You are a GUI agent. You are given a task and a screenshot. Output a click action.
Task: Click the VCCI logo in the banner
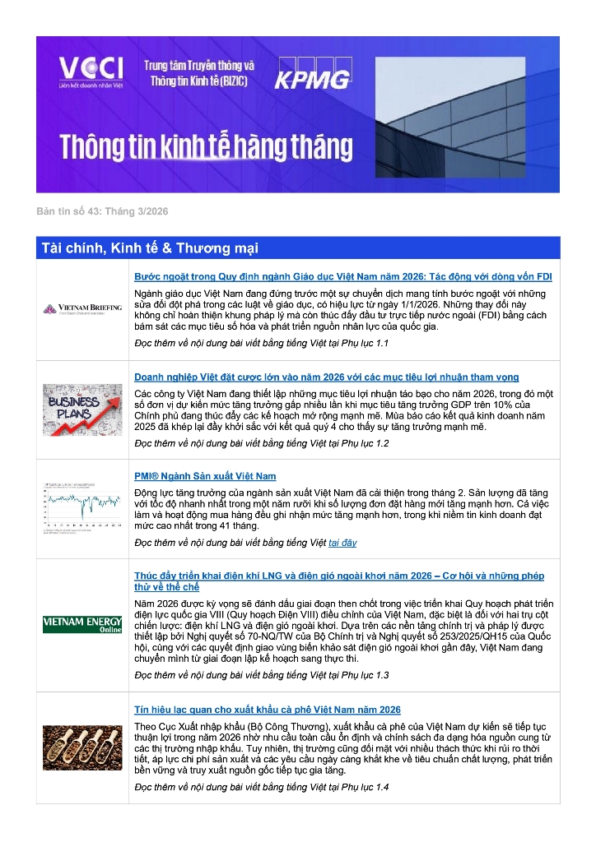[91, 72]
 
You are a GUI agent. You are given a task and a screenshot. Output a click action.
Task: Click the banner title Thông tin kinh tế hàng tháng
[206, 147]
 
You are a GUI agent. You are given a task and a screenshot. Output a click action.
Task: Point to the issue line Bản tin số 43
[102, 212]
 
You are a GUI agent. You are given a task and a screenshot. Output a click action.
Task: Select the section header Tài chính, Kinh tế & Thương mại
[149, 248]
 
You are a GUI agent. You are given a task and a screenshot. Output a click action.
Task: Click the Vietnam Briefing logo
[82, 309]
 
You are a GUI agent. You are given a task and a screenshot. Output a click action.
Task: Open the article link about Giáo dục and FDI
[342, 276]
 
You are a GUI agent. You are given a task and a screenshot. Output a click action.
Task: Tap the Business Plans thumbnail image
[82, 409]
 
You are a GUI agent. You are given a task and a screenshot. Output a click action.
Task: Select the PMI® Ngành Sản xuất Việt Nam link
[205, 476]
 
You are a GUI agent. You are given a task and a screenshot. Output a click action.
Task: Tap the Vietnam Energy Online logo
[82, 624]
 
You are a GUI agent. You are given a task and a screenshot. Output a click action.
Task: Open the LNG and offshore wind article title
[338, 581]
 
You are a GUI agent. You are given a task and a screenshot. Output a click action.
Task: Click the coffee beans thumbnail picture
[82, 747]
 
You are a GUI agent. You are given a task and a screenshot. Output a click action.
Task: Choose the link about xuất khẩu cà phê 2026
[268, 710]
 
